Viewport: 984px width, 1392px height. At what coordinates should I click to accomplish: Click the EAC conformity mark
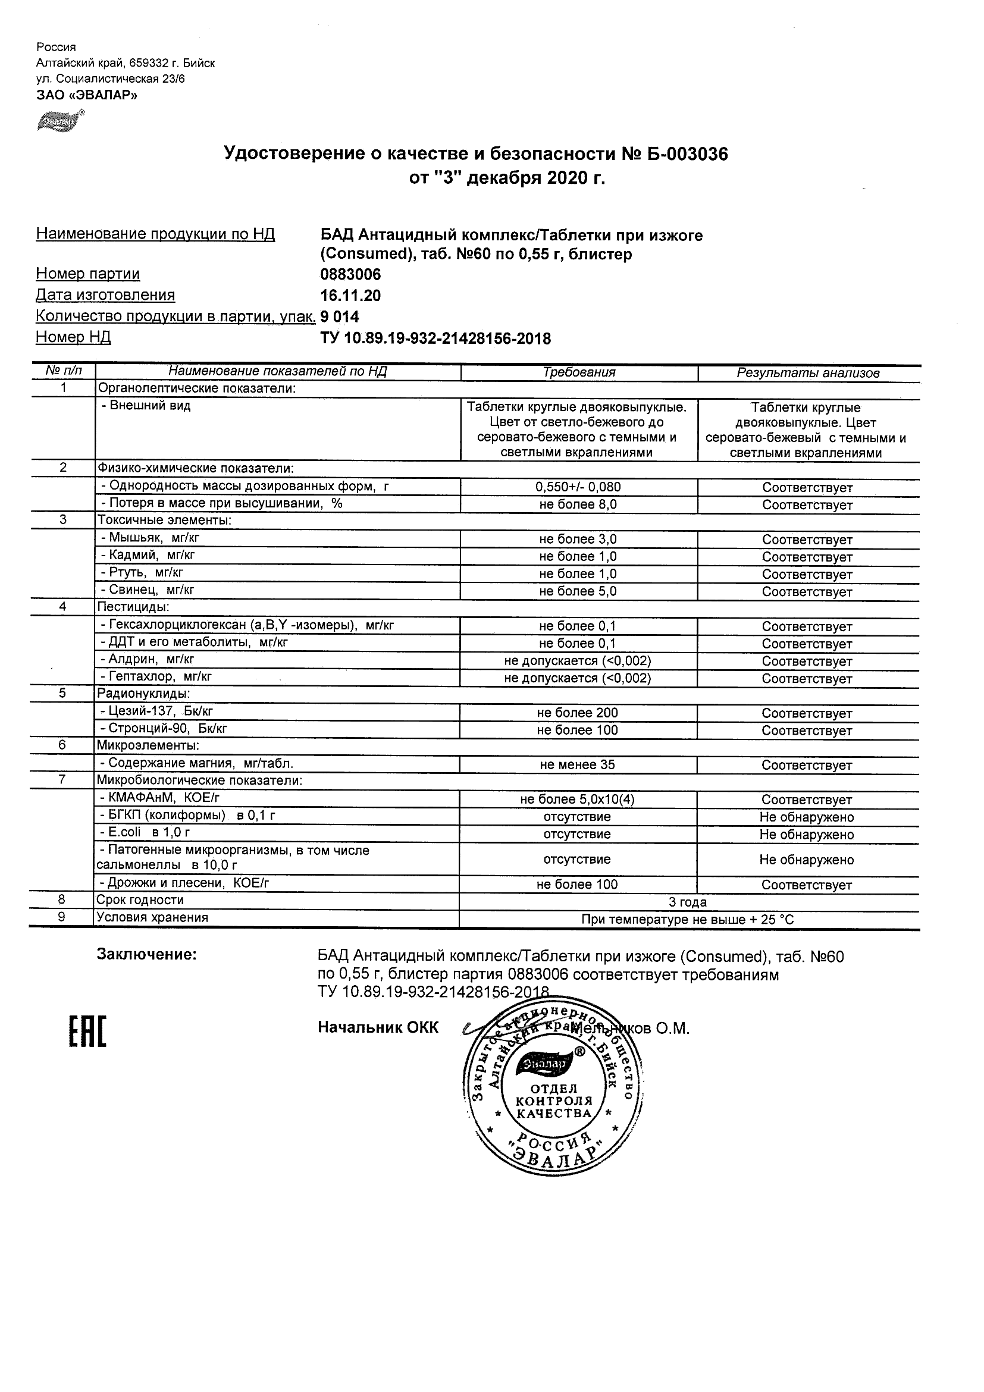pyautogui.click(x=87, y=1031)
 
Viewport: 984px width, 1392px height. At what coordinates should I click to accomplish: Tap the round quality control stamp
pyautogui.click(x=553, y=1089)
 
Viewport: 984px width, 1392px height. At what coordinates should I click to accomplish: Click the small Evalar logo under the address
pyautogui.click(x=59, y=122)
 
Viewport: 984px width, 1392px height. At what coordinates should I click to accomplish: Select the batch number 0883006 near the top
pyautogui.click(x=350, y=275)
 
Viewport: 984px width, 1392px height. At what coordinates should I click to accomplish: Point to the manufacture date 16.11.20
pyautogui.click(x=350, y=296)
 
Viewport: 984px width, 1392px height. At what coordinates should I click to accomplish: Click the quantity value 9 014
pyautogui.click(x=340, y=316)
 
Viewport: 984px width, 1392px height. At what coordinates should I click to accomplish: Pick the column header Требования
pyautogui.click(x=579, y=373)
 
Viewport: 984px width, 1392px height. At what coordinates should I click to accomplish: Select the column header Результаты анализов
pyautogui.click(x=807, y=374)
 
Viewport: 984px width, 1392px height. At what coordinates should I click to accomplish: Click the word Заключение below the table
pyautogui.click(x=147, y=955)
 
